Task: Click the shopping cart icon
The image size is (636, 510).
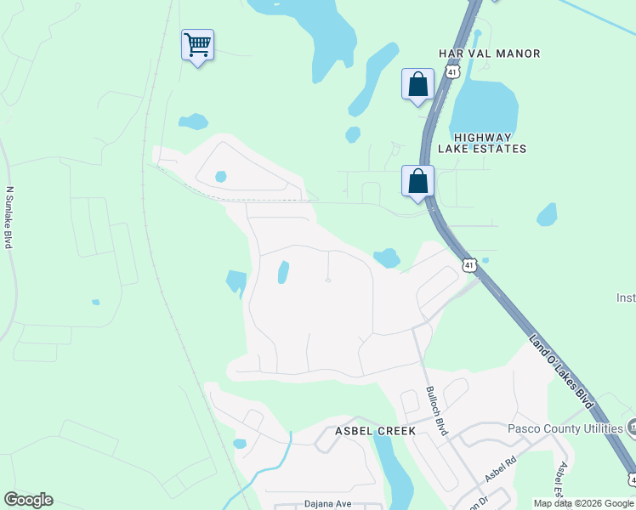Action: click(x=197, y=45)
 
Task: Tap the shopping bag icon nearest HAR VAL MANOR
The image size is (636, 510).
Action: click(x=417, y=84)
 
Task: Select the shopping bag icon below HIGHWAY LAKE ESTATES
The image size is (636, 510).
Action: click(x=417, y=181)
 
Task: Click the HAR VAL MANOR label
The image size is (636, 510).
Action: click(x=489, y=54)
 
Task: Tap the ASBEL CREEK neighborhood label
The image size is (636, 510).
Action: click(x=374, y=431)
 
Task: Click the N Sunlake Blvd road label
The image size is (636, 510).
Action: click(x=9, y=217)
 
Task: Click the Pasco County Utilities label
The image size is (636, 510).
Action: click(x=565, y=428)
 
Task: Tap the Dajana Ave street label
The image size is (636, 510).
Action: click(x=328, y=504)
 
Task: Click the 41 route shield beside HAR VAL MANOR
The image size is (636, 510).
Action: click(x=452, y=72)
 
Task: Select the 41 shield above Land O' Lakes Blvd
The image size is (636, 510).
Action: click(x=469, y=265)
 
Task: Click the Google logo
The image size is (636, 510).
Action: click(x=28, y=500)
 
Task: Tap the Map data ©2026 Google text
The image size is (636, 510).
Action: click(x=582, y=504)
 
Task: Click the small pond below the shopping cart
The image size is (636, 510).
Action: click(x=193, y=122)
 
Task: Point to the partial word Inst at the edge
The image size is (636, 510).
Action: click(x=626, y=297)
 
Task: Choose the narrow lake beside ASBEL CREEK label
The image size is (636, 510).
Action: click(x=392, y=472)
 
